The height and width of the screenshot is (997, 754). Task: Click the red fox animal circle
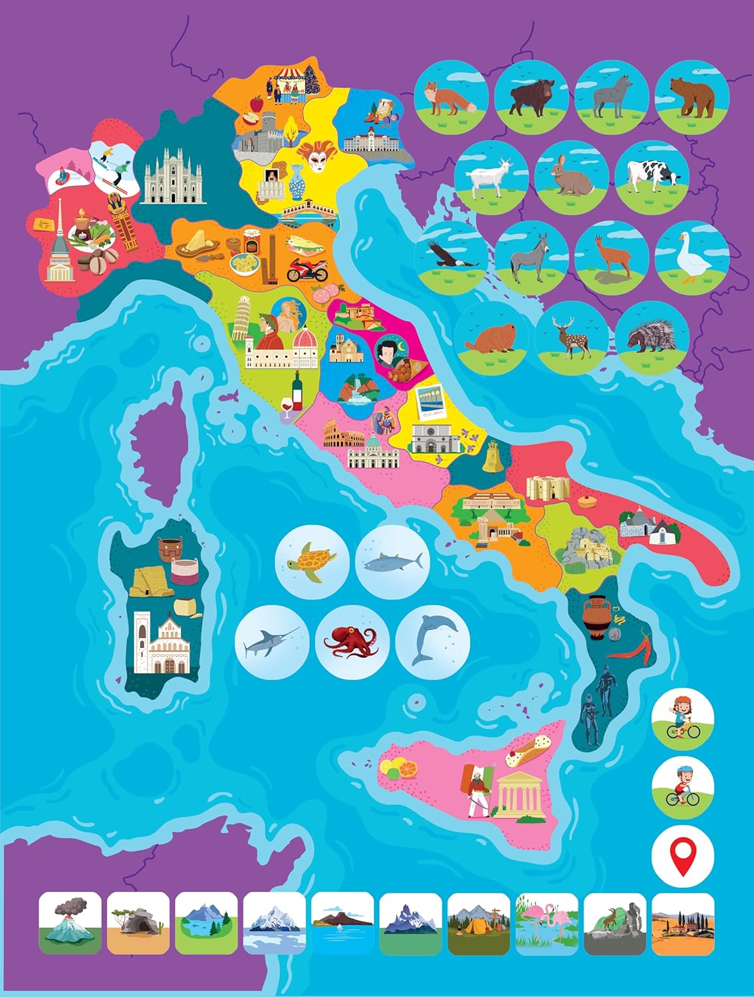click(x=451, y=98)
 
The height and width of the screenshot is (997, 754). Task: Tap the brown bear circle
click(x=692, y=98)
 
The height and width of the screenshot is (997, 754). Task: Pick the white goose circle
click(x=692, y=256)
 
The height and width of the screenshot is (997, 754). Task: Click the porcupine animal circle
click(x=652, y=336)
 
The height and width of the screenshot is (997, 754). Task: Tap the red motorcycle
click(x=307, y=269)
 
